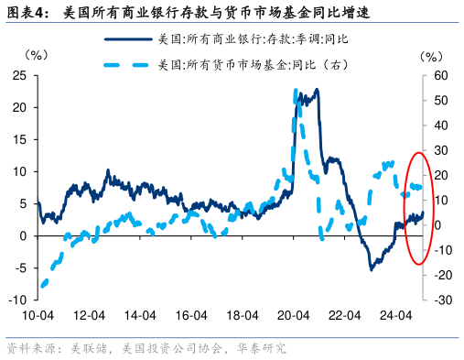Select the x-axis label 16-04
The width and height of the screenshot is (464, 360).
tap(188, 315)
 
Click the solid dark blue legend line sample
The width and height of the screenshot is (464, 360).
tap(127, 38)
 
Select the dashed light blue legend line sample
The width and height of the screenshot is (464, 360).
tap(127, 64)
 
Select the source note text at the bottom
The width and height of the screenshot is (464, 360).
tap(146, 349)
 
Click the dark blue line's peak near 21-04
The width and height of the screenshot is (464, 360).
tap(317, 90)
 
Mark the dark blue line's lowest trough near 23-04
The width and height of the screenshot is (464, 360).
tap(371, 269)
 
